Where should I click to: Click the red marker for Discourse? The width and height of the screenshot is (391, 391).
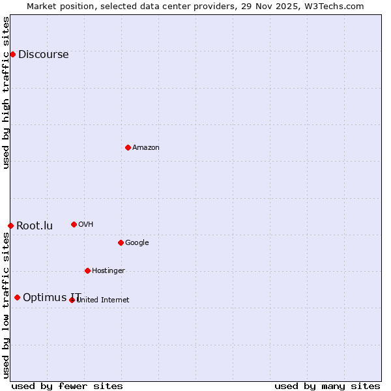(x=12, y=54)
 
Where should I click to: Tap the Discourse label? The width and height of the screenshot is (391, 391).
(x=43, y=55)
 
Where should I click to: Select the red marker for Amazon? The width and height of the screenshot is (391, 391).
(x=128, y=147)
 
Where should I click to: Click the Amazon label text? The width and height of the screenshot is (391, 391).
(x=146, y=148)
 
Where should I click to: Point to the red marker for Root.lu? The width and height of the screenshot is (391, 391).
(x=10, y=225)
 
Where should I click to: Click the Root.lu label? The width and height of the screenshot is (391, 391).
(x=35, y=226)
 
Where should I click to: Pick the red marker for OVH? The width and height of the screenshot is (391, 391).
(x=74, y=224)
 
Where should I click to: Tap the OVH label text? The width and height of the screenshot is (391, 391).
(x=85, y=225)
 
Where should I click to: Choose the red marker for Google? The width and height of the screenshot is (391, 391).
(x=121, y=242)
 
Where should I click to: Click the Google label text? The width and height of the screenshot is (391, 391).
(x=137, y=243)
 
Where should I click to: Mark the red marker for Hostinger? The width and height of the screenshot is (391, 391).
(x=87, y=270)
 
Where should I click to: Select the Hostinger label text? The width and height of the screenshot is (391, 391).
(x=108, y=271)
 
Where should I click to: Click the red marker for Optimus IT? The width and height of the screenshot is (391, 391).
(x=17, y=297)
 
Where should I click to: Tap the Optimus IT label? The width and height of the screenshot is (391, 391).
(x=51, y=298)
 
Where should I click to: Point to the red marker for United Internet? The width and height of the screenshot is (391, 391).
(x=72, y=300)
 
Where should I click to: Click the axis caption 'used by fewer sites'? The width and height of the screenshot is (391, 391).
(x=67, y=386)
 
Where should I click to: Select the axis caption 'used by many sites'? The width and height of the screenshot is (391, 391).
(x=327, y=386)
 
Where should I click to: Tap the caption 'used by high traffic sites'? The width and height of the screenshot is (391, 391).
(x=6, y=93)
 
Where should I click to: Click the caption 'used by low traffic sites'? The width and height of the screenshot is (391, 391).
(x=6, y=305)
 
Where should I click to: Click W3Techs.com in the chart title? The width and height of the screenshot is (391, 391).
(x=331, y=6)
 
